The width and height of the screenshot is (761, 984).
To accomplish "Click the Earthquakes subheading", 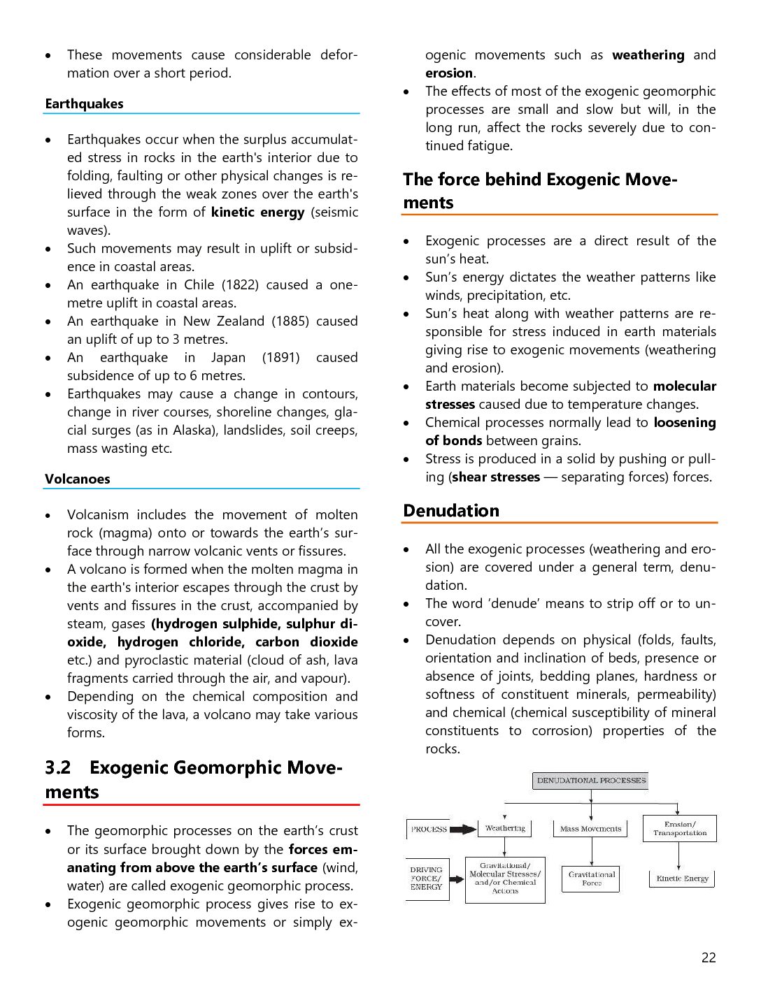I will pyautogui.click(x=84, y=104).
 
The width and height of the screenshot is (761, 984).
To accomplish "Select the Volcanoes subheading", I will pyautogui.click(x=78, y=479).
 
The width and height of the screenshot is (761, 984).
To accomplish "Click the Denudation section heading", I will pyautogui.click(x=451, y=511).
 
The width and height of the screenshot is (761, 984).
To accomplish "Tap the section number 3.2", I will pyautogui.click(x=58, y=768).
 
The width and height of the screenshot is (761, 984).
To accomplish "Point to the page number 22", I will pyautogui.click(x=709, y=958).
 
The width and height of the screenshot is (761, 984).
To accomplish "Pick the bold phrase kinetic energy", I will pyautogui.click(x=257, y=212).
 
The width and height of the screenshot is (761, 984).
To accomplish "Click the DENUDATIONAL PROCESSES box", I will pyautogui.click(x=591, y=781).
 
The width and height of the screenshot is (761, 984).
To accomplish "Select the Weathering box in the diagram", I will pyautogui.click(x=505, y=829).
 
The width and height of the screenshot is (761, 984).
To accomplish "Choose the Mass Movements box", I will pyautogui.click(x=590, y=829).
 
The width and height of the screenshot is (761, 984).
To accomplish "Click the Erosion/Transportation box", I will pyautogui.click(x=680, y=829).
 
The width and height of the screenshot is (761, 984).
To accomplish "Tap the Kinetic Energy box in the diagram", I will pyautogui.click(x=682, y=878).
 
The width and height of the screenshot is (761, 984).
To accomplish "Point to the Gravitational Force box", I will pyautogui.click(x=592, y=878).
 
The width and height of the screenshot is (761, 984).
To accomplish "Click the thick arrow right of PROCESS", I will pyautogui.click(x=462, y=830).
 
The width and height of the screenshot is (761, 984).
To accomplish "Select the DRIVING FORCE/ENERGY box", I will pyautogui.click(x=427, y=878).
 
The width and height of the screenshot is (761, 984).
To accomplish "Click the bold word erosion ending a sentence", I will pyautogui.click(x=449, y=73).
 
